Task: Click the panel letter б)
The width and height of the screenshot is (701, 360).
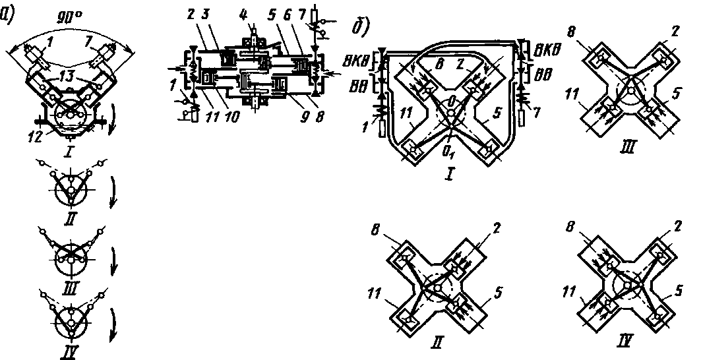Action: tap(360, 29)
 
